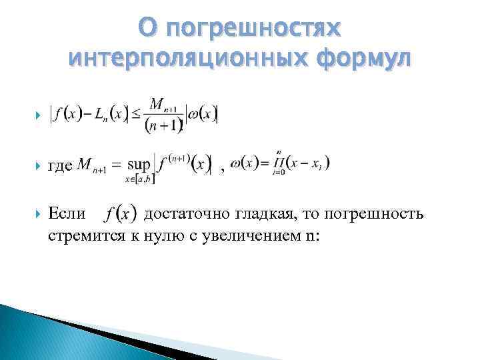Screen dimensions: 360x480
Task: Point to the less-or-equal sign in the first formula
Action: click(136, 114)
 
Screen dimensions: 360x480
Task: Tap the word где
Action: click(61, 164)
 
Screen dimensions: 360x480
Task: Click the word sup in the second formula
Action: click(138, 164)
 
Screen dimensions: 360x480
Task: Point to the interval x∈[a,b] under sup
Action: click(138, 178)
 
